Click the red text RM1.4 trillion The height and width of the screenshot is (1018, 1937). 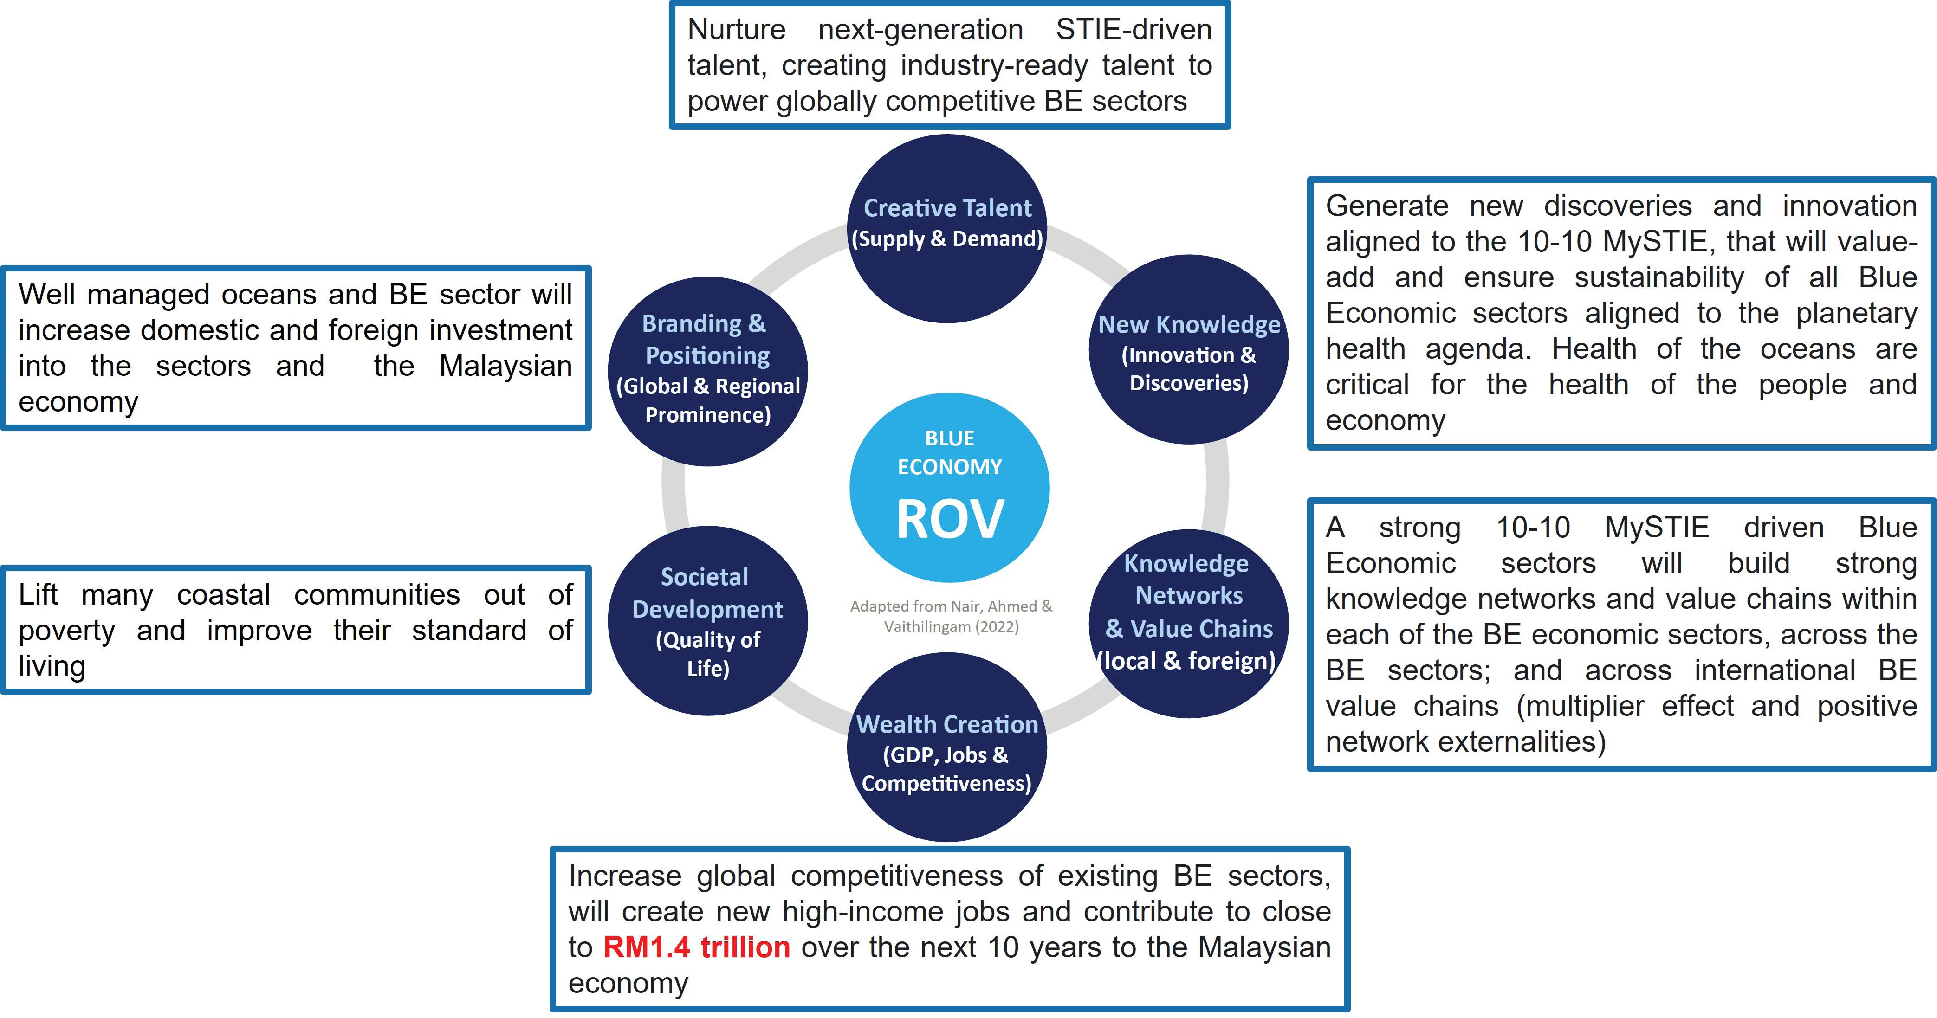pyautogui.click(x=696, y=947)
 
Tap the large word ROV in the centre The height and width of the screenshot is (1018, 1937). pyautogui.click(x=950, y=519)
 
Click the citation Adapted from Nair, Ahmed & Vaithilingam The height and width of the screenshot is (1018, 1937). pyautogui.click(x=951, y=616)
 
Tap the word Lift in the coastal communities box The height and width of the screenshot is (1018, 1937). pyautogui.click(x=38, y=595)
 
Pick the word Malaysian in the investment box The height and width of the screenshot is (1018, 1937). pyautogui.click(x=505, y=366)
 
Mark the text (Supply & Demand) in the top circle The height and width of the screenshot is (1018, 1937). pyautogui.click(x=947, y=239)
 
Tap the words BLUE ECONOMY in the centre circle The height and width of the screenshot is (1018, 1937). pyautogui.click(x=950, y=452)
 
